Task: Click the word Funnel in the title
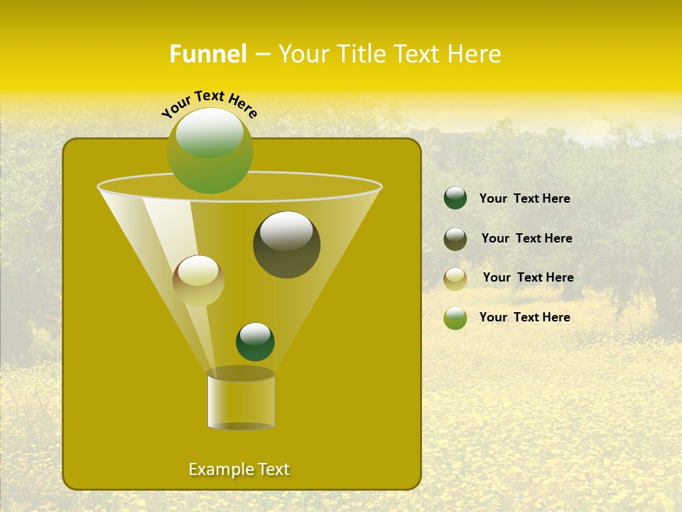coord(207,54)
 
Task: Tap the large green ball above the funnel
coord(210,151)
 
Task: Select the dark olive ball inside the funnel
coord(286,245)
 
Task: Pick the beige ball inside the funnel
coord(198,281)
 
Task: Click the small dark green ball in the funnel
coord(255,342)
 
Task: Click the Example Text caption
coord(239,469)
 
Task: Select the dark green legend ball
coord(455,198)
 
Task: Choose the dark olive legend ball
coord(455,239)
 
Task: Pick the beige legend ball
coord(455,278)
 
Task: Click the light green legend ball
coord(455,318)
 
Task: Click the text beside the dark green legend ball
coord(524,198)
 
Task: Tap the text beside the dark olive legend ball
coord(526,238)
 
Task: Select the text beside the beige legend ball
coord(528,277)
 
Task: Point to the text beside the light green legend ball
coord(524,317)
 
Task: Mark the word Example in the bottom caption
coord(216,469)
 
